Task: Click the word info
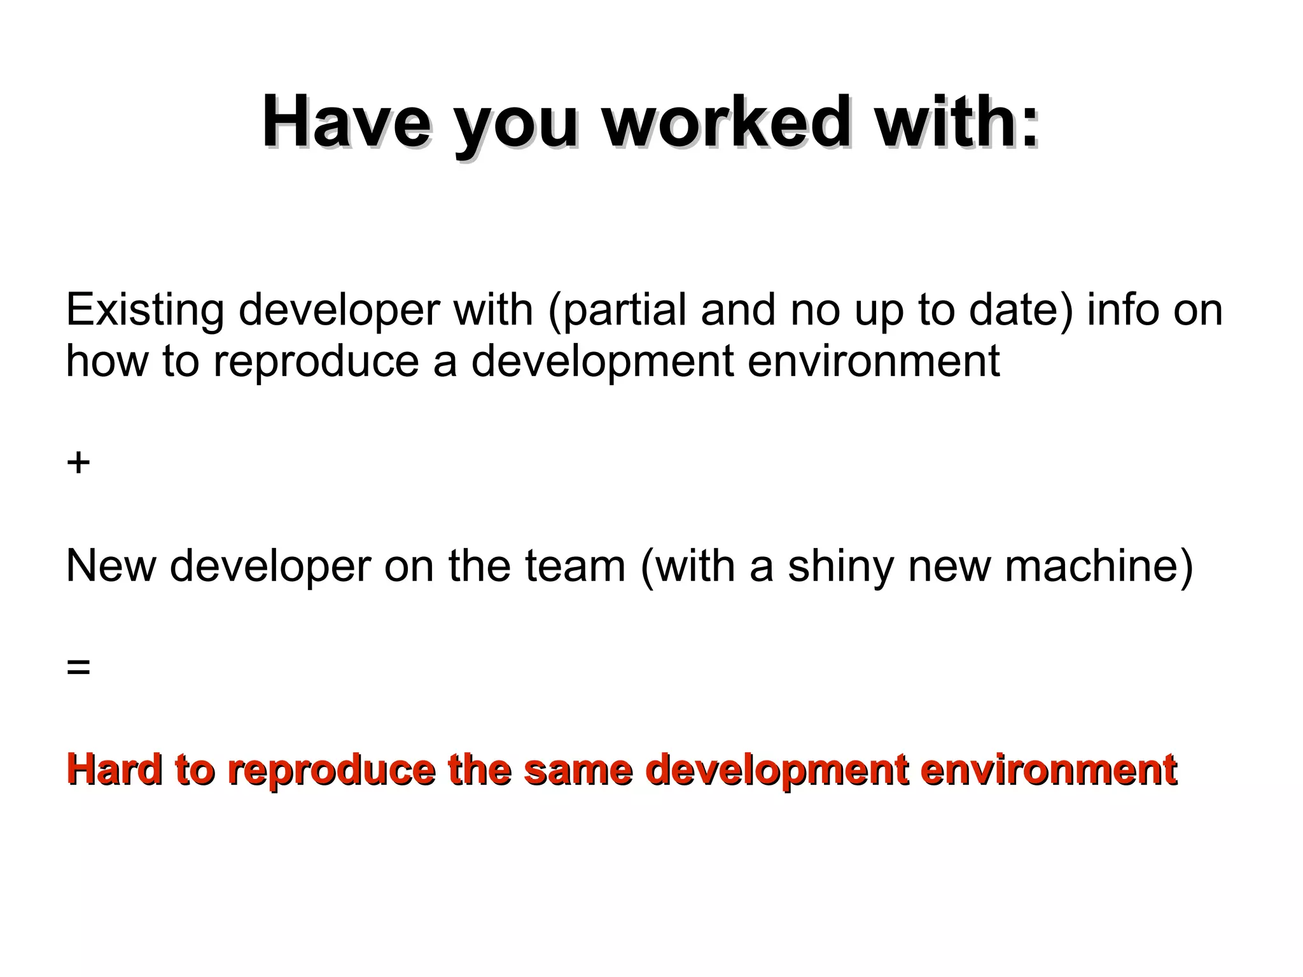(x=1122, y=311)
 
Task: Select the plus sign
(x=78, y=463)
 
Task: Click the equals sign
(x=78, y=668)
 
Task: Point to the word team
(x=575, y=566)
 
